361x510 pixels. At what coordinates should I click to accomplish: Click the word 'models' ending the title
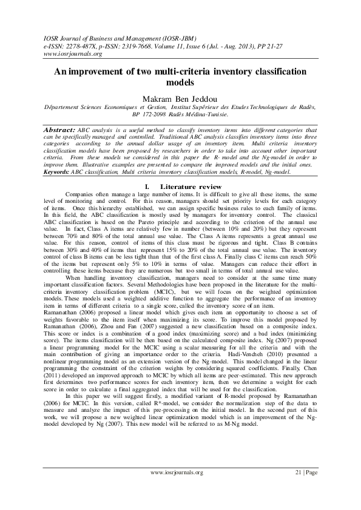180,82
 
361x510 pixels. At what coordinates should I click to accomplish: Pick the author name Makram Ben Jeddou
180,97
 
